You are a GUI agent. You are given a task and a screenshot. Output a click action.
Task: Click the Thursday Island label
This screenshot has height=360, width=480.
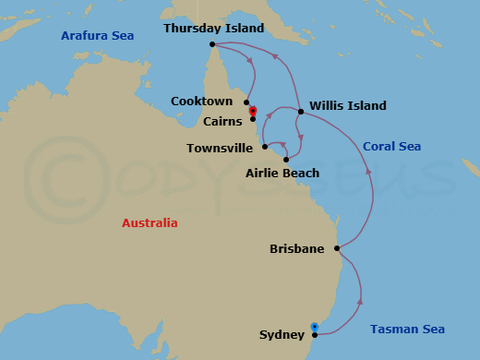coord(213,28)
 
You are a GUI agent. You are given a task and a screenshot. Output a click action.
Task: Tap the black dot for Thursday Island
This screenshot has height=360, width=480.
coord(212,43)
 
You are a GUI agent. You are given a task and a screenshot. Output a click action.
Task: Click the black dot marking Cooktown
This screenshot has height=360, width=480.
coord(246,102)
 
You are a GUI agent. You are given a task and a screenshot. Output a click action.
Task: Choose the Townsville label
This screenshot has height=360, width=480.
coord(221,147)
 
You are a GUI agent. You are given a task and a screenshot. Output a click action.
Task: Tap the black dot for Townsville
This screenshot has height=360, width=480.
coord(265,146)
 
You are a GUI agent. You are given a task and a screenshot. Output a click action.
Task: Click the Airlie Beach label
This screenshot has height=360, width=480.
coord(282,173)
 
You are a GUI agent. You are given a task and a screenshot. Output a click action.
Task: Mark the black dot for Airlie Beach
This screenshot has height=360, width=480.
coord(286,160)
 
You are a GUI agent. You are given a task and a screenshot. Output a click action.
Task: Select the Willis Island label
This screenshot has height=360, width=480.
coord(348,105)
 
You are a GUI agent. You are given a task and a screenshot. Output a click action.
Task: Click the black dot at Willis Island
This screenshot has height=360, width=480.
coord(301,112)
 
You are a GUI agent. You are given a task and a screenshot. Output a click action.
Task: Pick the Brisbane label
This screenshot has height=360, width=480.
coord(296,248)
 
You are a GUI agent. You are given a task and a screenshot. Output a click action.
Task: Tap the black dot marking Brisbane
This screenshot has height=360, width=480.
coord(338,247)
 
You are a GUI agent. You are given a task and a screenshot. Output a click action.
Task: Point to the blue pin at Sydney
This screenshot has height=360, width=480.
coord(315,327)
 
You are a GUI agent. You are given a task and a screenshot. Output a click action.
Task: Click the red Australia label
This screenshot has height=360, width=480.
coord(150,222)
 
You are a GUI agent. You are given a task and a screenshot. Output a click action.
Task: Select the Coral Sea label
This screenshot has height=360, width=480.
coord(391,146)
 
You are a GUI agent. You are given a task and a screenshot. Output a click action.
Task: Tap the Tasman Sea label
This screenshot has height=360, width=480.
coord(407,330)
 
